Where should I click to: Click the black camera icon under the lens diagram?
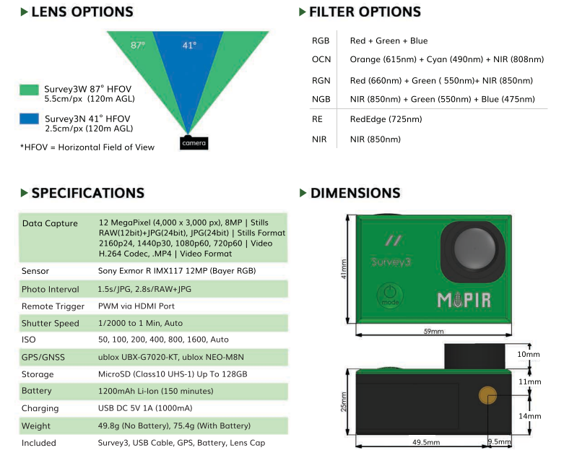(194, 142)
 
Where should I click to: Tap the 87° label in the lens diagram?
(137, 45)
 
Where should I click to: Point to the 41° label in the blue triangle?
(188, 45)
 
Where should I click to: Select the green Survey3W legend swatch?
(30, 90)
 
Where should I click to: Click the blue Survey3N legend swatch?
(30, 118)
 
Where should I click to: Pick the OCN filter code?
(321, 59)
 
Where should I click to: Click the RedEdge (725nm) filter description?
(386, 119)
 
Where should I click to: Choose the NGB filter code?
(321, 99)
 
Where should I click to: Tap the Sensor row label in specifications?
(36, 272)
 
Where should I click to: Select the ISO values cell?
(163, 340)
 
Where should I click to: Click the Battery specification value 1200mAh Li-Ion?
(155, 391)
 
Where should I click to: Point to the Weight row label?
(36, 426)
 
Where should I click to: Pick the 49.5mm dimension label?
(427, 441)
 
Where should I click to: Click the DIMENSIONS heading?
(355, 193)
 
